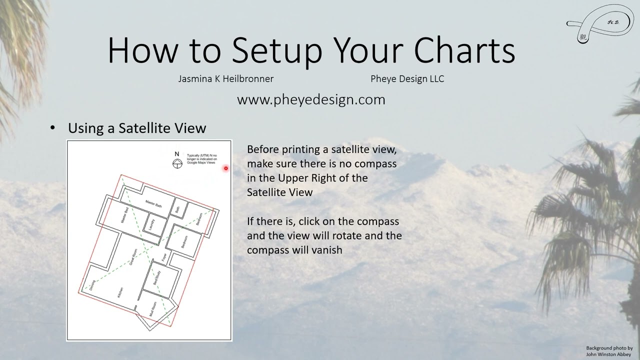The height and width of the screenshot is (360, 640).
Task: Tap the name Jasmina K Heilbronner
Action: [x=225, y=78]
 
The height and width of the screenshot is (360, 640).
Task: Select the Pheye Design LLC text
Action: [x=407, y=78]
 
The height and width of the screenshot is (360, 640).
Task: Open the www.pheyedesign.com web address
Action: [x=311, y=99]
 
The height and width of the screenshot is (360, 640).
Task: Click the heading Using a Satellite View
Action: [x=137, y=128]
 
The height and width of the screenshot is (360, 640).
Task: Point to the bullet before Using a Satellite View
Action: [x=53, y=127]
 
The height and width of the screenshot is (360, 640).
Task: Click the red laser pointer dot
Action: [x=226, y=168]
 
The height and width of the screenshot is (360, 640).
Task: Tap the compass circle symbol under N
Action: [x=177, y=163]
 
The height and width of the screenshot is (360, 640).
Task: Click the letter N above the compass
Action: [x=176, y=154]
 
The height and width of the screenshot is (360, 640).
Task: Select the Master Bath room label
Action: [x=153, y=204]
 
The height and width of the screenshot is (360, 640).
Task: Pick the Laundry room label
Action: [x=152, y=224]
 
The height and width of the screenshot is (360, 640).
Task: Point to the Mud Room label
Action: [x=153, y=310]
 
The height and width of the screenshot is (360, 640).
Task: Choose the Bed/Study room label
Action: [x=156, y=277]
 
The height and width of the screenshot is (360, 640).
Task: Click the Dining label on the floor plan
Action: [x=92, y=285]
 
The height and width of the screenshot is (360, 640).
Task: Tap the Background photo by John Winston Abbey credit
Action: [x=609, y=351]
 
